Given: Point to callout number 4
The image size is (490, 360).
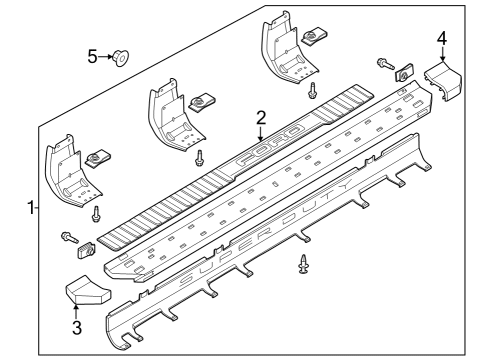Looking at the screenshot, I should coord(442,38).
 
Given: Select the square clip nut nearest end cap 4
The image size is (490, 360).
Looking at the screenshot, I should coord(405,72).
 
